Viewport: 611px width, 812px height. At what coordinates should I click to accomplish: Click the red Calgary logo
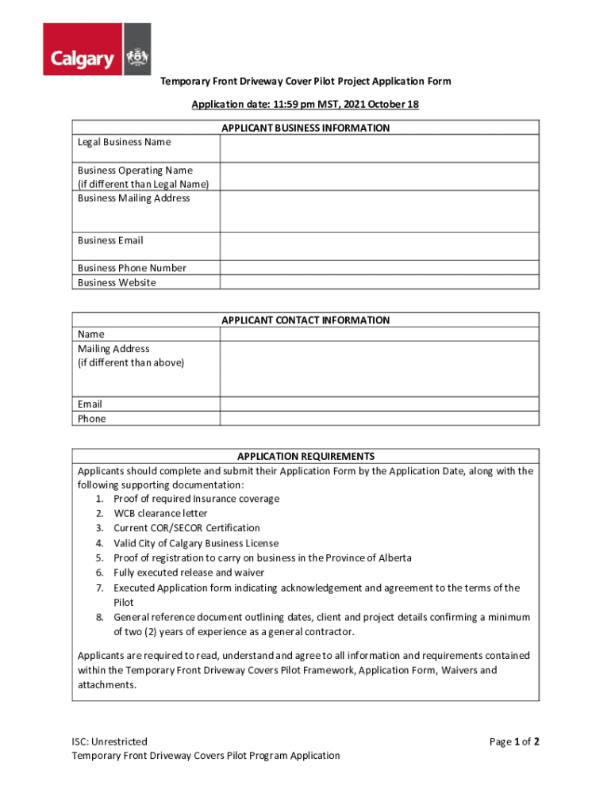(97, 49)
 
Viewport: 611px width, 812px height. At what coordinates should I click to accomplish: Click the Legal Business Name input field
(379, 148)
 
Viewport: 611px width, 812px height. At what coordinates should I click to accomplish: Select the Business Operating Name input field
(379, 177)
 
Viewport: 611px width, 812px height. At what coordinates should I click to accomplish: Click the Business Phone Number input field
(379, 268)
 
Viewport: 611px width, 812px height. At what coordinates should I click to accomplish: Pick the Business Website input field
(379, 282)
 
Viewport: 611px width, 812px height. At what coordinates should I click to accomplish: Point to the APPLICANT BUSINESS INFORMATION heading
(305, 128)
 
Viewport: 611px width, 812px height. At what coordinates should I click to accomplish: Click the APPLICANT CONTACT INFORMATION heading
(305, 320)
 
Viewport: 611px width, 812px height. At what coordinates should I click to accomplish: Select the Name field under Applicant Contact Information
(379, 335)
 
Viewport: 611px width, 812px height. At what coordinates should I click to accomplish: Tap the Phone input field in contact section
(379, 419)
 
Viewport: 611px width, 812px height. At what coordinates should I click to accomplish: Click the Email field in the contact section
(379, 404)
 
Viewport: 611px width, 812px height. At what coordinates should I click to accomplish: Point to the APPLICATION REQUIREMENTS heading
(305, 457)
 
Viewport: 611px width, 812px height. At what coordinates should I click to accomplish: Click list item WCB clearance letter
(160, 514)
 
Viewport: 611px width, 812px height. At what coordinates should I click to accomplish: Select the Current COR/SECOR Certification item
(186, 528)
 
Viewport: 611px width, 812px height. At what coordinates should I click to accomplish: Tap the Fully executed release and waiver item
(189, 573)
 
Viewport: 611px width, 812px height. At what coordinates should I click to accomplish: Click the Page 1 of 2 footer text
(514, 741)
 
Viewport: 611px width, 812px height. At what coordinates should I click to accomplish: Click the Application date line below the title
(305, 105)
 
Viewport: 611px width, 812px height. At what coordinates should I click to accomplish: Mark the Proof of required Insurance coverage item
(196, 499)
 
